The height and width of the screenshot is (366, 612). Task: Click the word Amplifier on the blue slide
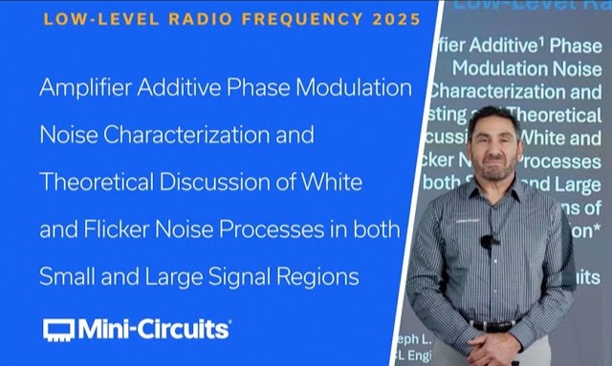(x=78, y=89)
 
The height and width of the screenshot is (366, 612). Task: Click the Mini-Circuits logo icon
(x=58, y=330)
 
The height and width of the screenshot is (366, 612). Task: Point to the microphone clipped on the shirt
(x=488, y=241)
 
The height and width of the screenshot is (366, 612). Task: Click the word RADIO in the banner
(x=209, y=19)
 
